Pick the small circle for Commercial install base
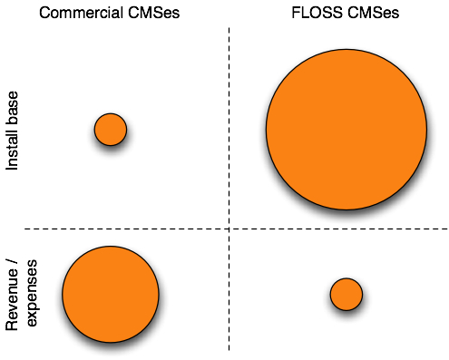111,130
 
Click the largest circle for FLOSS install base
346,130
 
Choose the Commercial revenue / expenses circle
111,294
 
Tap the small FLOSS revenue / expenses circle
346,294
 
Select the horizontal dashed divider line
136,229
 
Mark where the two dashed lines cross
229,229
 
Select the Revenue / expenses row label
22,294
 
